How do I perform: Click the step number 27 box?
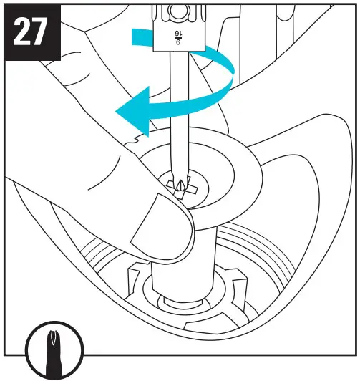click(33, 33)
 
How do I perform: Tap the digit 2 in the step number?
click(22, 33)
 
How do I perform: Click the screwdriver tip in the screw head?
click(182, 188)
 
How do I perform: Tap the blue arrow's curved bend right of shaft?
click(228, 79)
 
